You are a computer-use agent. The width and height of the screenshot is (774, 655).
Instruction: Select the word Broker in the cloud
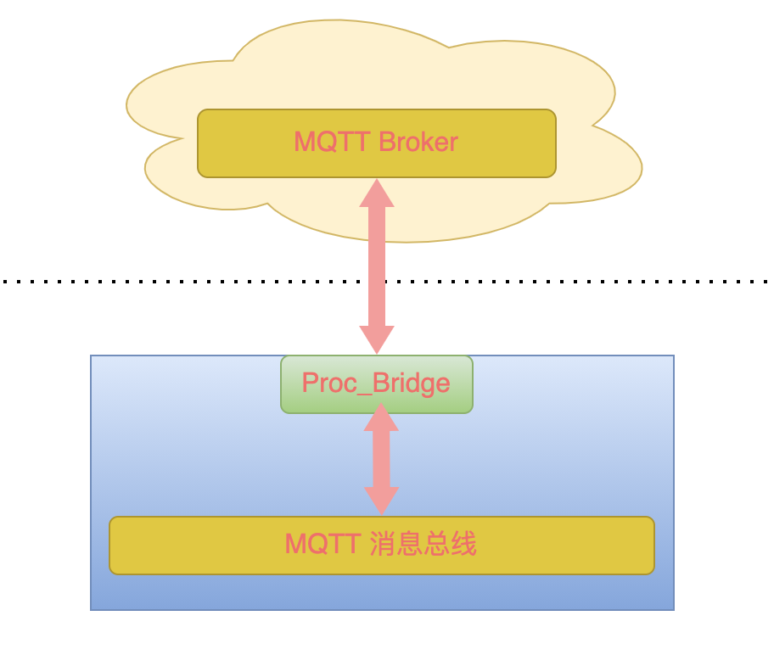click(418, 142)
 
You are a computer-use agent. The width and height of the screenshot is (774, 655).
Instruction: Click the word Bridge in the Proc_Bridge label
click(411, 384)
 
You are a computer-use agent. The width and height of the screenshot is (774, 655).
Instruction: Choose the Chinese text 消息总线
click(423, 544)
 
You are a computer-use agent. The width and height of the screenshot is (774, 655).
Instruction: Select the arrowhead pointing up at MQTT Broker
click(377, 193)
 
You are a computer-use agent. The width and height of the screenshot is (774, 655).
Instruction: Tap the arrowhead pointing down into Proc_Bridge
click(377, 339)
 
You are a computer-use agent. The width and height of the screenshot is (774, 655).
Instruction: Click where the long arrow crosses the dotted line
click(377, 281)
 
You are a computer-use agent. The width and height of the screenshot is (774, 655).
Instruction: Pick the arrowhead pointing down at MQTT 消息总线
click(381, 501)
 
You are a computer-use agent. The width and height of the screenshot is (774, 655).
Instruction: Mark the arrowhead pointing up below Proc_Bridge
click(381, 417)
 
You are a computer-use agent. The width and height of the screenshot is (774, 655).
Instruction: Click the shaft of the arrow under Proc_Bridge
click(381, 458)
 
